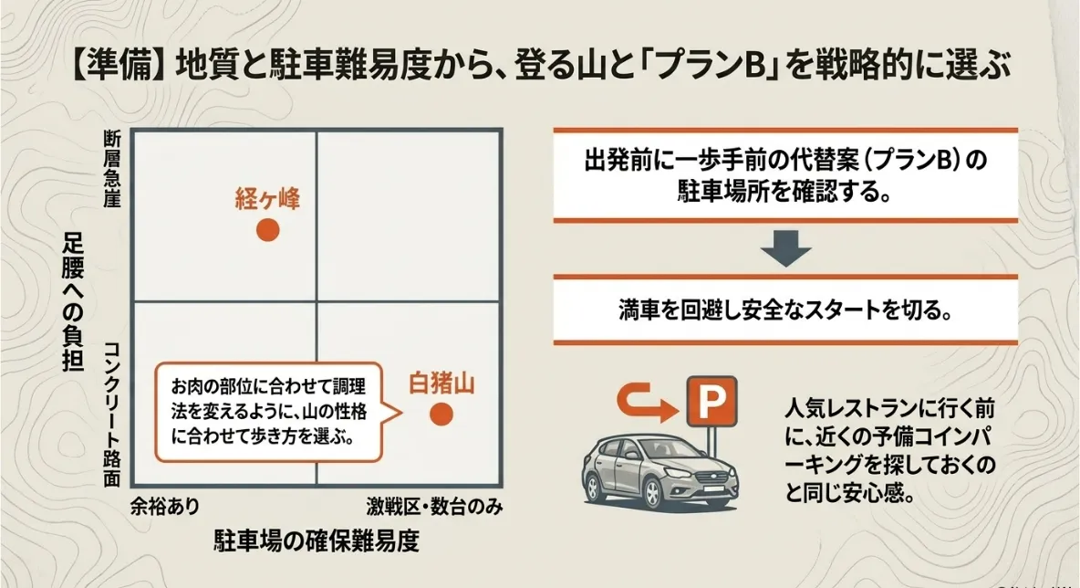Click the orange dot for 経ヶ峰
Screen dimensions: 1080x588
(x=268, y=229)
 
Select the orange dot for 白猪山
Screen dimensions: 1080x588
(x=441, y=414)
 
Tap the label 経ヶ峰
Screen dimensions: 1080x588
(x=268, y=198)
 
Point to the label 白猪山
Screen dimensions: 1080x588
(x=441, y=383)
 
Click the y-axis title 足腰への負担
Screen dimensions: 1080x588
(x=73, y=302)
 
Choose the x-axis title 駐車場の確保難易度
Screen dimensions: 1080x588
(x=317, y=541)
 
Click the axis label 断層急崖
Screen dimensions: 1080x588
(x=112, y=169)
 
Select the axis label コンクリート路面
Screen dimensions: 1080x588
(x=112, y=415)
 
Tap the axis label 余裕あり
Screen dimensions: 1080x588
(x=165, y=507)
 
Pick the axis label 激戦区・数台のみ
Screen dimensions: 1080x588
(x=434, y=507)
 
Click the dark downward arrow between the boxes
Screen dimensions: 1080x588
(x=786, y=249)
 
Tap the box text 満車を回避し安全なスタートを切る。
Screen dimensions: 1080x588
(x=785, y=310)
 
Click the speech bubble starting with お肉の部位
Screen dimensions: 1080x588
(x=268, y=412)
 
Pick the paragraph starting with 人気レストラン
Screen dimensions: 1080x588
(x=890, y=451)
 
